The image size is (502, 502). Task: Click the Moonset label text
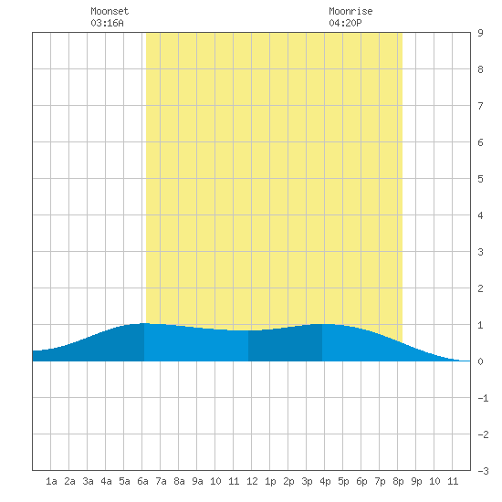coord(110,11)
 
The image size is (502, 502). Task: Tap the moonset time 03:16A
coord(107,23)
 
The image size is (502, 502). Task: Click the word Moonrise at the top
coord(350,11)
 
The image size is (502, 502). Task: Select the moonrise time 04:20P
coord(345,23)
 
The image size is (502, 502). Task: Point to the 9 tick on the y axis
coord(480,33)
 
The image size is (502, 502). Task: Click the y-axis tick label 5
coord(480,179)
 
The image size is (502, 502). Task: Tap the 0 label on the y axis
coord(480,361)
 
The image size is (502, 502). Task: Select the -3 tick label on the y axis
coord(483,471)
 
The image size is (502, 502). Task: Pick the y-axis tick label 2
coord(480,288)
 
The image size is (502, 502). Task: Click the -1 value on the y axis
coord(483,398)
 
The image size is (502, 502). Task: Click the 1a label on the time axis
coord(51,481)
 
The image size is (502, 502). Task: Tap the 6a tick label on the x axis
coord(142,481)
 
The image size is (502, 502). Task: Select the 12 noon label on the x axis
coord(252,481)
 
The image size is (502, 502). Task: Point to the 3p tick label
coord(307,481)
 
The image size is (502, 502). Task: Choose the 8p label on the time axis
coord(398,481)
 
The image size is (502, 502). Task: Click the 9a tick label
coord(197,481)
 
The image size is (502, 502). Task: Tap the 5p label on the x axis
coord(343,481)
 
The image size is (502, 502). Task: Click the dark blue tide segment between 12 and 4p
coord(286,344)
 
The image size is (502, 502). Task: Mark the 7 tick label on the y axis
coord(480,106)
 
